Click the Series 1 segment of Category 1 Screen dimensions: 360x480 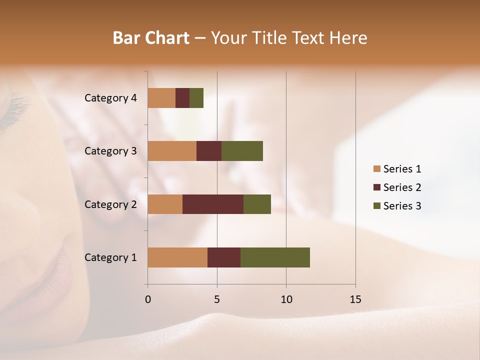pos(177,257)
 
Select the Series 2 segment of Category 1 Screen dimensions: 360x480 pos(224,257)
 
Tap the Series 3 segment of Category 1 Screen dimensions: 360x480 pos(275,257)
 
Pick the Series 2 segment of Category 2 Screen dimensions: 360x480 pos(213,204)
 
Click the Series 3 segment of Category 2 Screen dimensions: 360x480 pos(257,204)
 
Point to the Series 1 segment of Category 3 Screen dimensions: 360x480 pos(172,150)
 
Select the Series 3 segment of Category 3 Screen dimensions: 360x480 pos(242,150)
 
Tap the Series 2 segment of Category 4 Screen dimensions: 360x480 pos(182,97)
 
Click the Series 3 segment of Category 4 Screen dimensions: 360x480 pos(196,97)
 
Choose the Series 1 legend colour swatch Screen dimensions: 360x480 pos(376,169)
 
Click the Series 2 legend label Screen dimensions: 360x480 pos(402,187)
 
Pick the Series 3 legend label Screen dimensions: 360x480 pos(402,206)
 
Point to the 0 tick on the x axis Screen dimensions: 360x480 pos(147,299)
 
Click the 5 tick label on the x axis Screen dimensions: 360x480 pos(217,299)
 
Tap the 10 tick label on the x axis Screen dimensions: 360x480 pos(286,299)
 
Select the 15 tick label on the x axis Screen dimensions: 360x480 pos(355,299)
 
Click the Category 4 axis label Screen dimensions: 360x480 pos(110,98)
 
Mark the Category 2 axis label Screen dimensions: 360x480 pos(110,204)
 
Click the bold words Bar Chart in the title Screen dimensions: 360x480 pos(151,38)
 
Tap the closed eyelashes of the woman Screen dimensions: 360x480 pos(17,107)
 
